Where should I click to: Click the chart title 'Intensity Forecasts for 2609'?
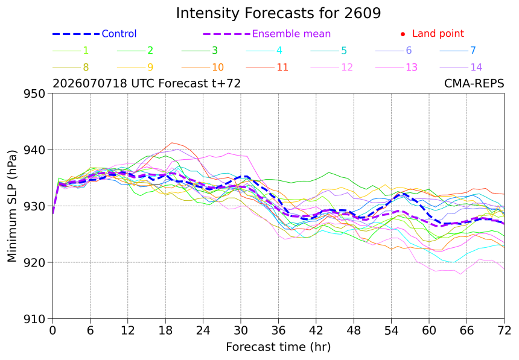pos(278,13)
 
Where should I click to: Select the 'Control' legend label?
pos(119,34)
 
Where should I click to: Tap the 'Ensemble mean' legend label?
pos(291,34)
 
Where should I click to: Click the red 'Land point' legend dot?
pos(403,34)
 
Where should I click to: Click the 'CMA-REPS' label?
pos(474,83)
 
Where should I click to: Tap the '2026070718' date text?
pos(90,83)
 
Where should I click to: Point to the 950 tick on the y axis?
pos(34,93)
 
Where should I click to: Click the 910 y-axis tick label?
pos(34,319)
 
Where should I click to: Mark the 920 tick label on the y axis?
pos(34,263)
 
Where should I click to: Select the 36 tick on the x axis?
pos(278,330)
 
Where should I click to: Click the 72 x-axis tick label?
pos(504,330)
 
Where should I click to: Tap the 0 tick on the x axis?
pos(53,330)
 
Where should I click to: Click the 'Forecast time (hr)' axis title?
pos(278,347)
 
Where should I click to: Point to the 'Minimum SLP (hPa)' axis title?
pos(12,206)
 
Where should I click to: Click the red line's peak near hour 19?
pos(171,142)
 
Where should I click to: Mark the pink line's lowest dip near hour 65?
pos(460,274)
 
